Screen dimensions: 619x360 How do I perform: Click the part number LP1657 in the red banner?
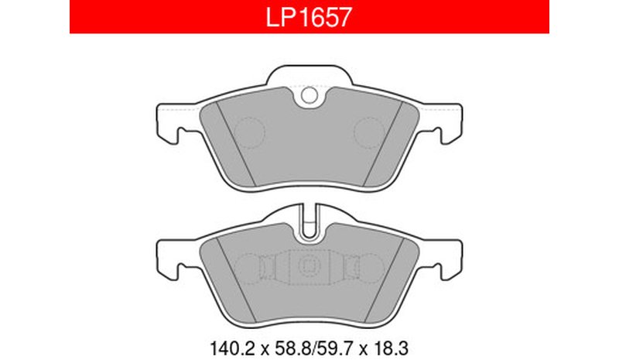(x=308, y=17)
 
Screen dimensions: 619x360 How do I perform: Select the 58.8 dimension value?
(x=292, y=348)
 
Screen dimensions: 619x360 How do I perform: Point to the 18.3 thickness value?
(x=389, y=348)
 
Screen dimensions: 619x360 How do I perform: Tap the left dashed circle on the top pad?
(x=249, y=133)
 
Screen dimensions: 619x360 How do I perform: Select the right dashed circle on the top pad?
(x=369, y=133)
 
